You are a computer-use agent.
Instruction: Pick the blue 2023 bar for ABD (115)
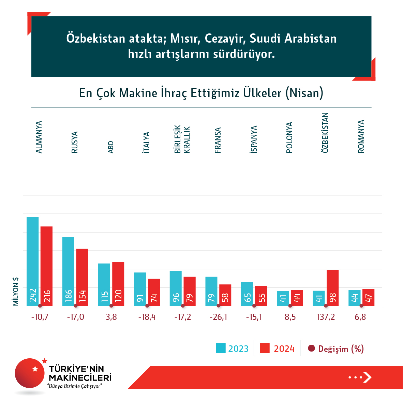[x=104, y=284]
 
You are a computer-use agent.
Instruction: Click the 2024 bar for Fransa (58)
[x=225, y=295]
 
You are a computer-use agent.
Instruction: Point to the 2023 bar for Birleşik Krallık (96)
[x=176, y=288]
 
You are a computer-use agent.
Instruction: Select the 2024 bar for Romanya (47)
[x=368, y=297]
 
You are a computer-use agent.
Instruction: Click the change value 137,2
[x=326, y=317]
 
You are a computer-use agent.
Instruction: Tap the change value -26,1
[x=218, y=317]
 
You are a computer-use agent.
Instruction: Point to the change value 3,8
[x=111, y=317]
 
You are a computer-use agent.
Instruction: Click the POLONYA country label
[x=289, y=137]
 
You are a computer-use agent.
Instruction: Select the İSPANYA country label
[x=254, y=139]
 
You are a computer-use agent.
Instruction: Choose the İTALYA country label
[x=147, y=142]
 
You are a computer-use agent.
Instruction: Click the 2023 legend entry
[x=232, y=348]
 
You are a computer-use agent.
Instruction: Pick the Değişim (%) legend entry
[x=336, y=348]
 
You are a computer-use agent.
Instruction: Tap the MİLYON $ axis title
[x=16, y=291]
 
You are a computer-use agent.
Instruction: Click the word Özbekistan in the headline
[x=96, y=38]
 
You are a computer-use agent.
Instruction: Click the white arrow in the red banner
[x=367, y=377]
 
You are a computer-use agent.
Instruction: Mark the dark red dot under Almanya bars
[x=40, y=306]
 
